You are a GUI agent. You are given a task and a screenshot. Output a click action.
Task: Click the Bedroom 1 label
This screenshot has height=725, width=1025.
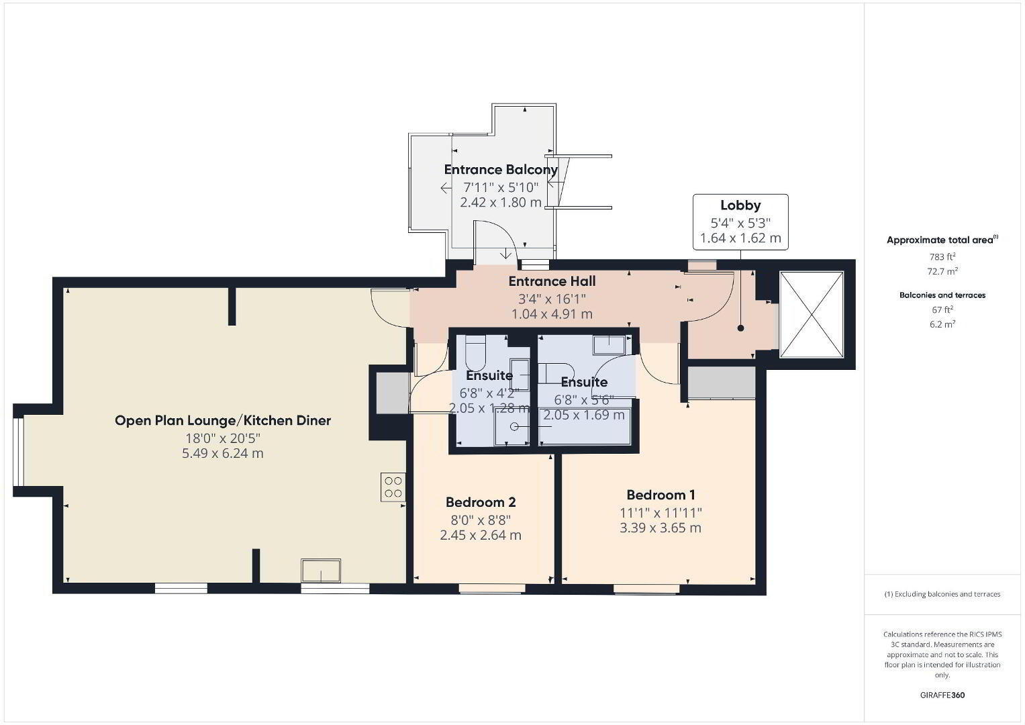[x=661, y=495]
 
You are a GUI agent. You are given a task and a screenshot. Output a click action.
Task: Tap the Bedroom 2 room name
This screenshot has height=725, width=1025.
[x=481, y=502]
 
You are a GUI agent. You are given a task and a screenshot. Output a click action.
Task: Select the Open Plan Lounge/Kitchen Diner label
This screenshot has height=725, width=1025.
[x=222, y=420]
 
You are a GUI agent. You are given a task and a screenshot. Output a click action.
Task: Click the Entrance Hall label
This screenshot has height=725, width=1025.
[x=552, y=281]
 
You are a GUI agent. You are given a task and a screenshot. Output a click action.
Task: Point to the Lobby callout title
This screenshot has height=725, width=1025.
[x=740, y=205]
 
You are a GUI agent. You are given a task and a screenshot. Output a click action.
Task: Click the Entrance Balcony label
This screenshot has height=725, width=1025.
[x=501, y=170]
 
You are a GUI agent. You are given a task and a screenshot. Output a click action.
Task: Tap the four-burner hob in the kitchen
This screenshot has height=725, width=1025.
[x=393, y=487]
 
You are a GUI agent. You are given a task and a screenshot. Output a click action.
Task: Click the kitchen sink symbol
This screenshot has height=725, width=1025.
[x=321, y=571]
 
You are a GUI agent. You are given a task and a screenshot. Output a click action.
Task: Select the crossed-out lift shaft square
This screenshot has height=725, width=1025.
[x=812, y=314]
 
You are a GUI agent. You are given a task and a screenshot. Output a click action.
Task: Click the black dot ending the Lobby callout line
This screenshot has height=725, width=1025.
[x=740, y=328]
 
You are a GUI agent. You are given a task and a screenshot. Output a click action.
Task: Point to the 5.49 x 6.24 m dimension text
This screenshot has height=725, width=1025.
[x=222, y=453]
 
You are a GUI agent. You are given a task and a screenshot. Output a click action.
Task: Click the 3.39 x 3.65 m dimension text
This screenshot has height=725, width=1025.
[x=661, y=528]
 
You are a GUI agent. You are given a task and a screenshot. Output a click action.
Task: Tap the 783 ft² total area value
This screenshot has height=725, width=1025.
[x=942, y=256]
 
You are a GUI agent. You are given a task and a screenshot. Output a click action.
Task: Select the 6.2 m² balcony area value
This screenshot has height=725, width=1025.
[x=942, y=324]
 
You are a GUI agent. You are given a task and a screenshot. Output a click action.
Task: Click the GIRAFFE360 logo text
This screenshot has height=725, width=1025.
[x=942, y=695]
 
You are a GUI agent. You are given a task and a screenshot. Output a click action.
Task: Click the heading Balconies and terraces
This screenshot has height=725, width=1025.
[x=942, y=295]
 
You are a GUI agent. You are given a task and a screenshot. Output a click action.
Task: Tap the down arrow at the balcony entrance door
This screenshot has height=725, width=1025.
[x=505, y=254]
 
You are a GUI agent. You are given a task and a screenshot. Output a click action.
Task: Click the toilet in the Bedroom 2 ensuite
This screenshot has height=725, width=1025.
[x=475, y=352]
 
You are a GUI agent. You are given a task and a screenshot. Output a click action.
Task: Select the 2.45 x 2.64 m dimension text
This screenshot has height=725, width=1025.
[x=481, y=535]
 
